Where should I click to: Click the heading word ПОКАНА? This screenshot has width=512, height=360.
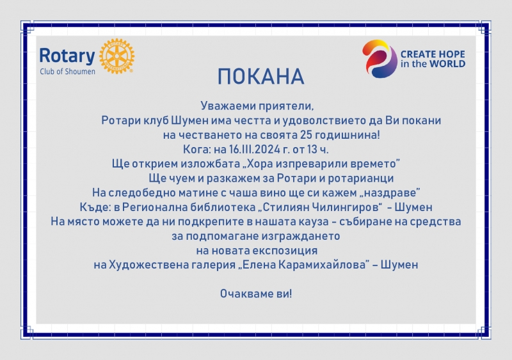[x=261, y=77]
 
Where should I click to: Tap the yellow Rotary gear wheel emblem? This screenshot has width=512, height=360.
[x=116, y=56]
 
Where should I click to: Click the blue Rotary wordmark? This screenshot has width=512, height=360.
[x=67, y=56]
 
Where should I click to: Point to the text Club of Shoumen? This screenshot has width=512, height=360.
[x=68, y=72]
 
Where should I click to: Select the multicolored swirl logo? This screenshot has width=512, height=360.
[x=380, y=59]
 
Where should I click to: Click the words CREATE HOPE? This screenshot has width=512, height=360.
[x=433, y=54]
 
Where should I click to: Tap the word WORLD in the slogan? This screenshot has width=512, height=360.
[x=447, y=64]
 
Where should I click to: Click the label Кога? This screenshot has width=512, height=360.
[x=197, y=150]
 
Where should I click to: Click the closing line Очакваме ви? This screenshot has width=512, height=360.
[x=256, y=293]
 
